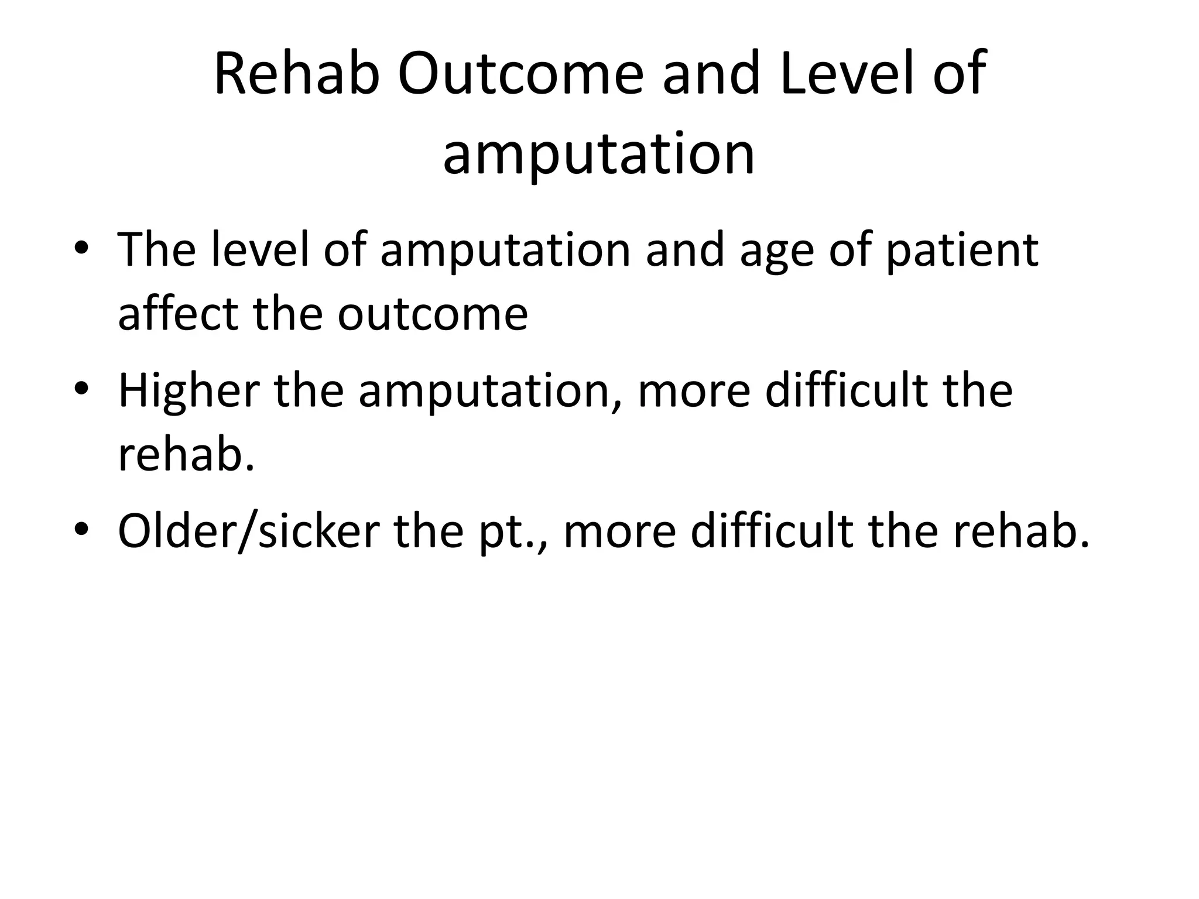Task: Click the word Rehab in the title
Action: [297, 74]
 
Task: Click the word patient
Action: [962, 251]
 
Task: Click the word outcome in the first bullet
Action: [433, 314]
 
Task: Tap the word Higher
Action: [189, 391]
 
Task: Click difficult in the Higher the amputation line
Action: [845, 390]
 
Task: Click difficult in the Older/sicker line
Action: [771, 530]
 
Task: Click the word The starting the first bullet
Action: [156, 249]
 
